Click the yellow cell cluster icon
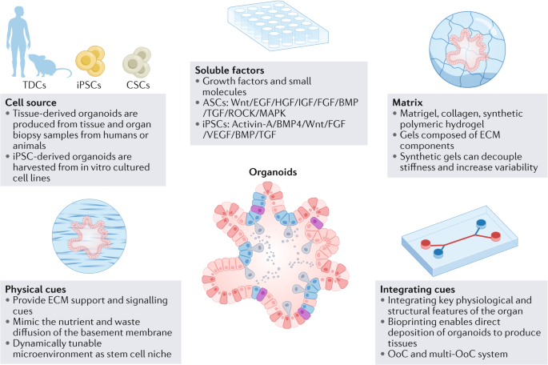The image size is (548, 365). [x=89, y=60]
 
